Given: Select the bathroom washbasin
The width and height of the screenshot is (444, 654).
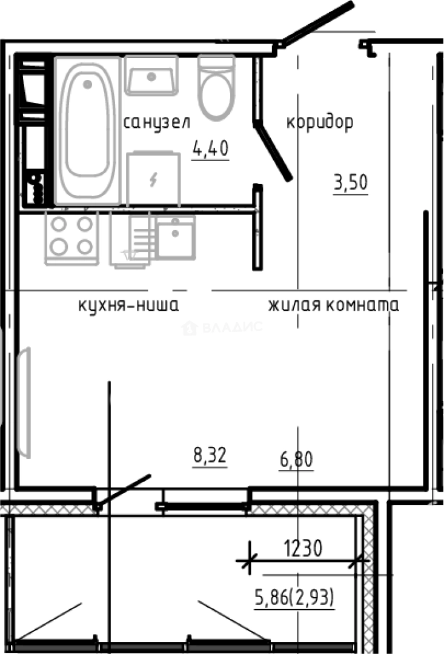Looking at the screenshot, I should (151, 75).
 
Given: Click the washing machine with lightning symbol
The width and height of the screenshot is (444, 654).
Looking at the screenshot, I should (154, 179).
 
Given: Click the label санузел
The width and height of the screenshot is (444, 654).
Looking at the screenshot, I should (156, 123).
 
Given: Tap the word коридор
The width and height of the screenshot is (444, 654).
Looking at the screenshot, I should (319, 123).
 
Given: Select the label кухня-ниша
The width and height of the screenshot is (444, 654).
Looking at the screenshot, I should (128, 305).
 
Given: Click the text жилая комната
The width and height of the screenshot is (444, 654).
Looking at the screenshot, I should (334, 305).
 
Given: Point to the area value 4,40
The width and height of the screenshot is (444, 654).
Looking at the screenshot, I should (210, 148).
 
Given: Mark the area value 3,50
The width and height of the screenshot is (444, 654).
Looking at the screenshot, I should (351, 182).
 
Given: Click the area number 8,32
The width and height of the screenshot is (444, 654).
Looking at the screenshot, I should (210, 455).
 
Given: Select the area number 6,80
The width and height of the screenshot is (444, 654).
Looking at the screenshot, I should (296, 461).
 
